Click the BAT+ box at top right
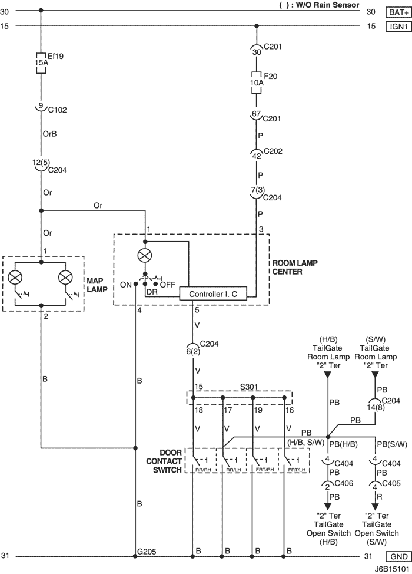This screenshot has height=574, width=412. [x=398, y=12]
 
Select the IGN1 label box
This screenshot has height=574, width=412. [x=398, y=27]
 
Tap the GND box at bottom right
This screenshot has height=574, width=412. [x=398, y=557]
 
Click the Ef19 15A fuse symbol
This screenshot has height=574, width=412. [x=41, y=62]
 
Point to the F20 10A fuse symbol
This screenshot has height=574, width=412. [x=257, y=83]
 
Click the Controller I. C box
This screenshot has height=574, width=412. [x=213, y=294]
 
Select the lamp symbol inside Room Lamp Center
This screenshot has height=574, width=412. [x=145, y=256]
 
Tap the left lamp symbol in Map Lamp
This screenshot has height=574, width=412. [x=15, y=278]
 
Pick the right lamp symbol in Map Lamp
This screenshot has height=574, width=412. [x=66, y=278]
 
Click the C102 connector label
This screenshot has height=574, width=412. [x=58, y=110]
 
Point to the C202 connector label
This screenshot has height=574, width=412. [x=273, y=151]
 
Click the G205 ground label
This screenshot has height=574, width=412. [x=147, y=551]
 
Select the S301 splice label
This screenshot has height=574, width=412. [x=248, y=387]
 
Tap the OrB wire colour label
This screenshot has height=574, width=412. [x=49, y=134]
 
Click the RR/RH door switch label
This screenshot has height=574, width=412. [x=201, y=470]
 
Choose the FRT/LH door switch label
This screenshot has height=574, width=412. [x=297, y=470]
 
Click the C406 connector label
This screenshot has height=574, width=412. [x=344, y=484]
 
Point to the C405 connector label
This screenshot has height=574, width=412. [x=391, y=484]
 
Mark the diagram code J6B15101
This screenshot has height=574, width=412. [x=392, y=570]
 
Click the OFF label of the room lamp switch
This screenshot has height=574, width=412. [x=168, y=285]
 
